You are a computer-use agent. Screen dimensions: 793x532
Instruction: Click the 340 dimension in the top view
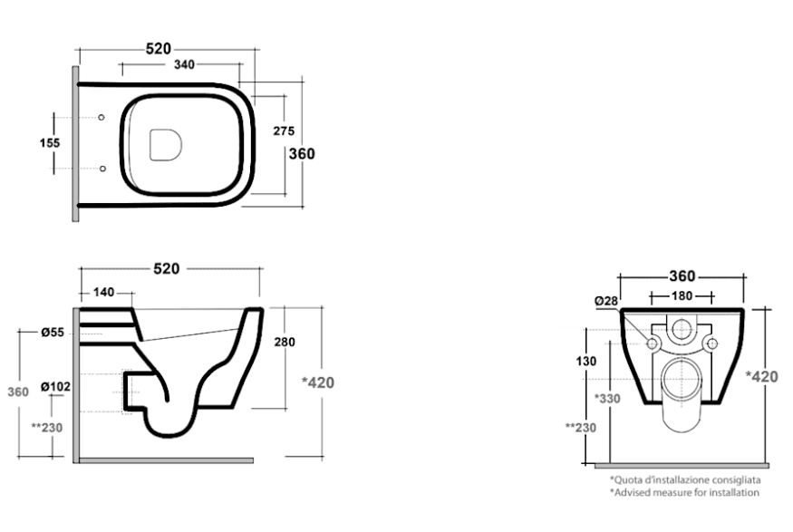pyautogui.click(x=184, y=64)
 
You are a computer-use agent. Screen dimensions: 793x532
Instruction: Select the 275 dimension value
pyautogui.click(x=284, y=131)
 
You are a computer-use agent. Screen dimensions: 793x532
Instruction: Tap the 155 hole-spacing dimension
pyautogui.click(x=50, y=143)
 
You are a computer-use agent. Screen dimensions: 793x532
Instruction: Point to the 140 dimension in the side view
pyautogui.click(x=103, y=293)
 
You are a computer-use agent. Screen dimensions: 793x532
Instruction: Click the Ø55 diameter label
pyautogui.click(x=53, y=333)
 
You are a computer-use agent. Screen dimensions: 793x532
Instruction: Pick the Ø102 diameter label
pyautogui.click(x=55, y=387)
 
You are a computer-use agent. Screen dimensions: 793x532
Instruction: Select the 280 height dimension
pyautogui.click(x=285, y=343)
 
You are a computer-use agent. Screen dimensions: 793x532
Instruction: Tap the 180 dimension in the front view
pyautogui.click(x=682, y=295)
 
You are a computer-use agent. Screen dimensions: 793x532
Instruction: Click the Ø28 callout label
pyautogui.click(x=606, y=302)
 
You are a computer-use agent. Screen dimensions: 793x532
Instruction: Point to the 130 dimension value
pyautogui.click(x=586, y=362)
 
